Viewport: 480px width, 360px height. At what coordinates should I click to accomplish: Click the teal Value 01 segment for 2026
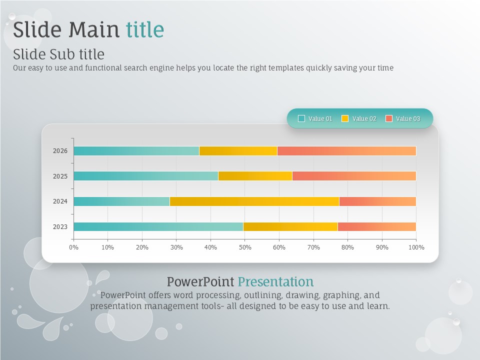point(136,151)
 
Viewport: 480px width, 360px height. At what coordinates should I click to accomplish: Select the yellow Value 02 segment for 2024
point(254,201)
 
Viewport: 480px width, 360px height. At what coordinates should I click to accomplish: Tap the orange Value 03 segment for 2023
point(377,226)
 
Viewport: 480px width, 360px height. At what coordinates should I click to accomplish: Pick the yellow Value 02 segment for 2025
point(255,176)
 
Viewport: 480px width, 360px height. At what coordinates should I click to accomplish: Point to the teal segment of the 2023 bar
point(158,226)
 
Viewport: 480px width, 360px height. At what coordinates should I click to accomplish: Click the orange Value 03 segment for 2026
point(347,151)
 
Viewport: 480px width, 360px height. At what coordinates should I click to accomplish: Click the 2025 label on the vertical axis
point(60,176)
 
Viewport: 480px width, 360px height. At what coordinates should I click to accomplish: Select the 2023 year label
point(60,227)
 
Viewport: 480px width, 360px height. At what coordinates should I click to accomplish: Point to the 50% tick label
point(245,247)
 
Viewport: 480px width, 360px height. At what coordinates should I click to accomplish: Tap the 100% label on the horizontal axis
point(416,247)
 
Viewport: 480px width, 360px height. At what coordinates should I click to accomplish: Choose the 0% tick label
point(74,247)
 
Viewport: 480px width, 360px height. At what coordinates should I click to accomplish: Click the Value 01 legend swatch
point(301,118)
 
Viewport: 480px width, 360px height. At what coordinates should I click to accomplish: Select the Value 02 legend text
point(364,119)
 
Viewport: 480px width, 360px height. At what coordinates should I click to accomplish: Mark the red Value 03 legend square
point(389,118)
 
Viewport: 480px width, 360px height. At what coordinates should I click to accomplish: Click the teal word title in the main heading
point(145,29)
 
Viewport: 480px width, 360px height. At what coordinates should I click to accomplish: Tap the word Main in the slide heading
point(93,29)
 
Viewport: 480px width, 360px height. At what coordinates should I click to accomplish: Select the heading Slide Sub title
point(59,54)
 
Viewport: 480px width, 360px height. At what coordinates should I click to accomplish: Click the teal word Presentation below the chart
point(276,281)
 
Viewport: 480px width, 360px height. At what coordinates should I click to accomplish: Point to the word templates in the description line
point(286,67)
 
